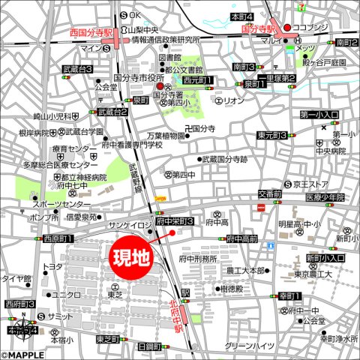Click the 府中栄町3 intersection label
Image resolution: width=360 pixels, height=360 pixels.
pyautogui.click(x=174, y=222)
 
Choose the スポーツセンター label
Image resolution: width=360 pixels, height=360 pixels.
pyautogui.click(x=57, y=205)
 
